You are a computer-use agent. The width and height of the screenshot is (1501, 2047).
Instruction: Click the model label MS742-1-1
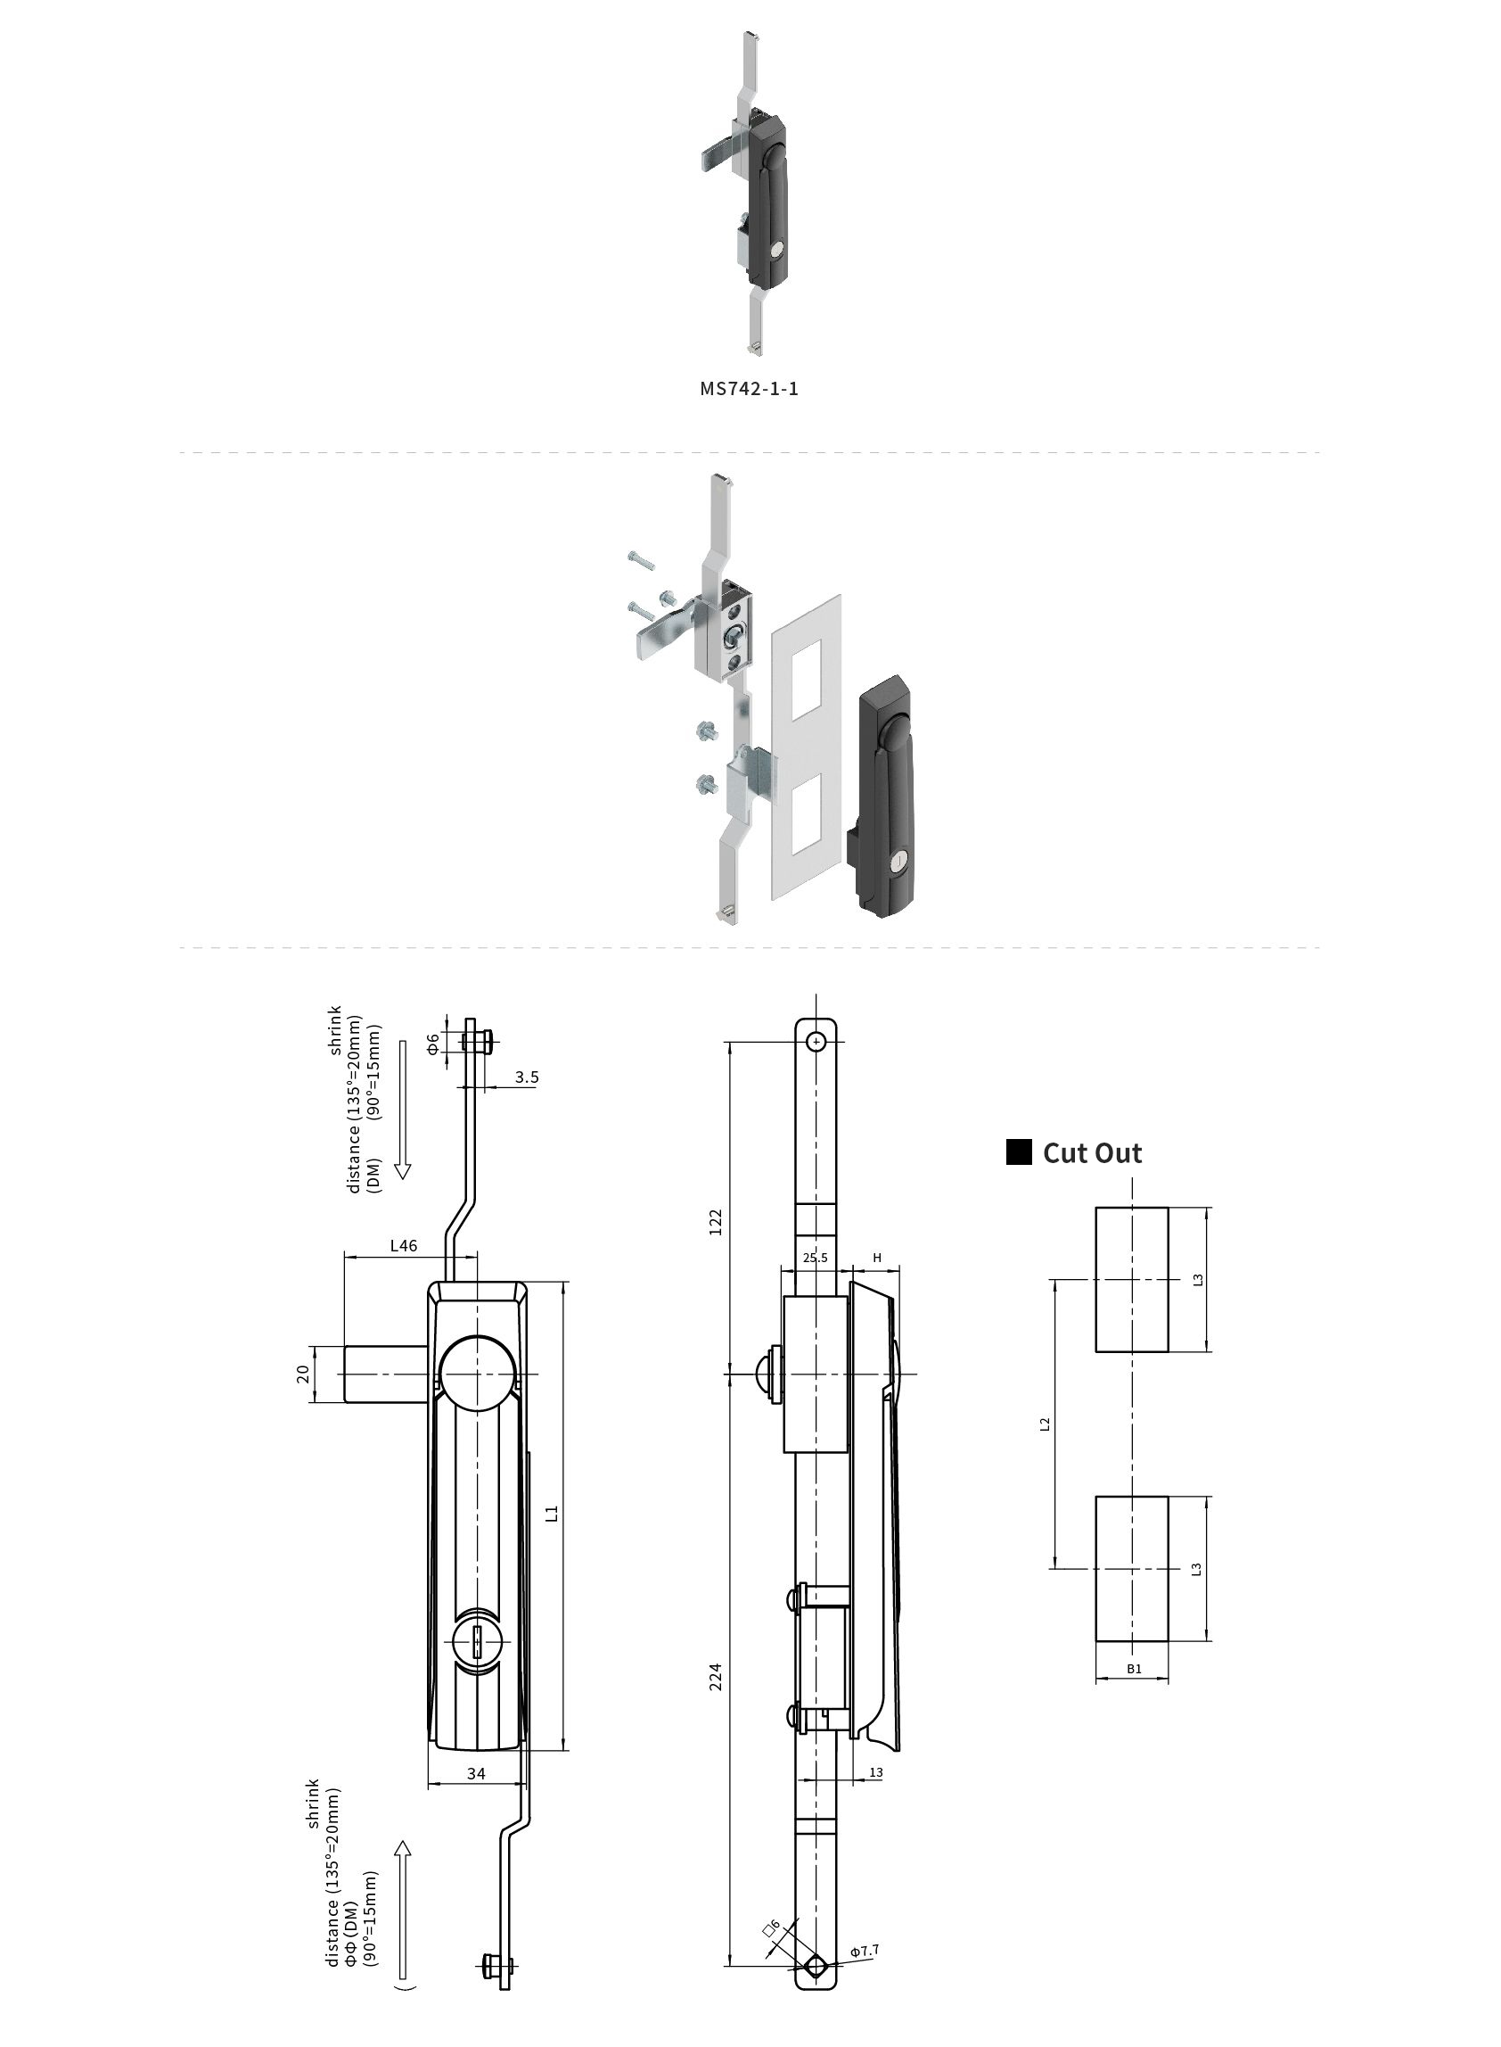(x=749, y=389)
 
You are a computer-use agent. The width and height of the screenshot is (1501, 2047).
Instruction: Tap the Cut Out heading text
(x=1092, y=1153)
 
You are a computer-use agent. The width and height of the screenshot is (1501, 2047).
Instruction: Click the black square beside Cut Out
(x=1020, y=1152)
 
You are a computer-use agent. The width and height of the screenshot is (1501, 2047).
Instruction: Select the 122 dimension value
(x=716, y=1222)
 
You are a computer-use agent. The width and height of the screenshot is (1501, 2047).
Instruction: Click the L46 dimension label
(x=404, y=1245)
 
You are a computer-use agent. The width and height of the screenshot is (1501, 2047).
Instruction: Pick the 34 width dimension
(x=476, y=1773)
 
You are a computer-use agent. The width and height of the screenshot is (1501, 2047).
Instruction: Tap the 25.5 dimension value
(x=815, y=1258)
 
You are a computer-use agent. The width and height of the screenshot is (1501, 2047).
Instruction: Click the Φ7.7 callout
(x=864, y=1951)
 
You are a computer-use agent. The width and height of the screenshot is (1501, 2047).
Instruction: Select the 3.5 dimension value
(x=527, y=1077)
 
